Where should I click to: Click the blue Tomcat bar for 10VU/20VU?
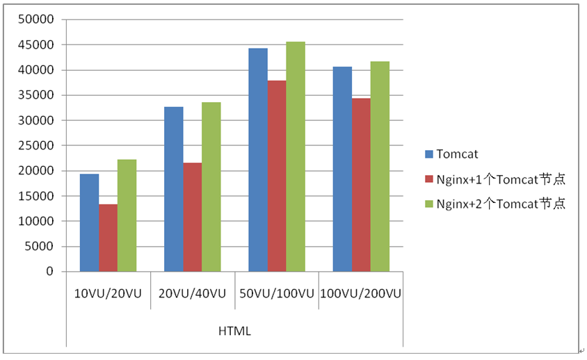(89, 222)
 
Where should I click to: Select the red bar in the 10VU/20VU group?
(108, 238)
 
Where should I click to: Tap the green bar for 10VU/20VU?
(127, 215)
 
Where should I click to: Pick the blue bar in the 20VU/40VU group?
(173, 189)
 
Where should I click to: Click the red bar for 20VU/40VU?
(192, 217)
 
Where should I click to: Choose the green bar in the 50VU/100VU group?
(296, 156)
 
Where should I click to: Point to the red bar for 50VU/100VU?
(277, 176)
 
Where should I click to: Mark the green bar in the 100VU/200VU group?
(380, 166)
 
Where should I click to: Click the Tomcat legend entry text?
(457, 154)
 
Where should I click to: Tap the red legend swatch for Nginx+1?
(428, 179)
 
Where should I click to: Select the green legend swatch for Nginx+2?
(428, 204)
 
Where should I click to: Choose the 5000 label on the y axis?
(42, 247)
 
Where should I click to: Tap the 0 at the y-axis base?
(50, 272)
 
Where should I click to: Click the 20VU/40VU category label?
(192, 294)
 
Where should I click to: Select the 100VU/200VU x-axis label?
(361, 294)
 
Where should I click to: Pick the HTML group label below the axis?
(234, 332)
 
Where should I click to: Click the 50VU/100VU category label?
(277, 294)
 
